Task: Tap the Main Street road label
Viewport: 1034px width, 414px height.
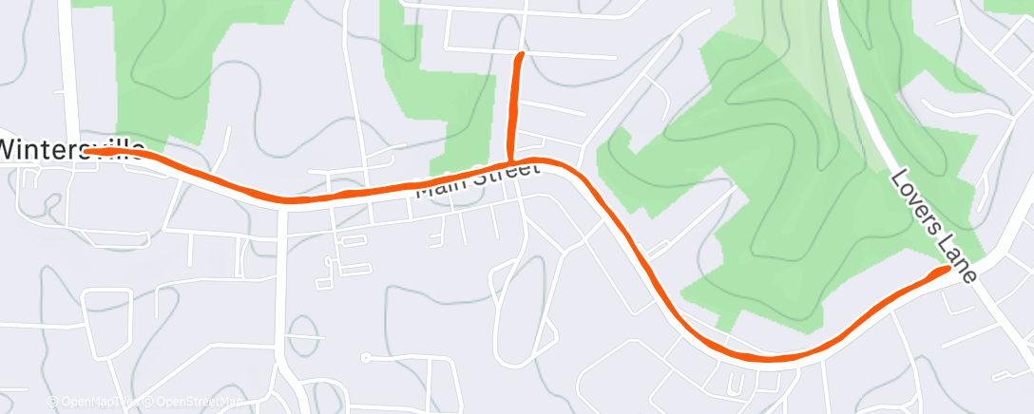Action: [x=478, y=179]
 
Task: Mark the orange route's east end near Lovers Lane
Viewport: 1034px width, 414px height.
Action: [x=947, y=270]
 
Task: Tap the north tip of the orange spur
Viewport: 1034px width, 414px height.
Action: [x=520, y=56]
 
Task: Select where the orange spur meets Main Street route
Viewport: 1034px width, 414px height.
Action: [x=510, y=161]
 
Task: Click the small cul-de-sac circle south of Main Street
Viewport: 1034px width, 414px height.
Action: [x=365, y=358]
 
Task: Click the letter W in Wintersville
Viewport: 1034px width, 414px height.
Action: [x=11, y=150]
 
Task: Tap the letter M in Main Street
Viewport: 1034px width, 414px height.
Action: [x=424, y=191]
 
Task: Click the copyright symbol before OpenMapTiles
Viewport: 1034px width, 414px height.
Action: [x=52, y=402]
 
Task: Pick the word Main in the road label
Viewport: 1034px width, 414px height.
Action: [x=443, y=187]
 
